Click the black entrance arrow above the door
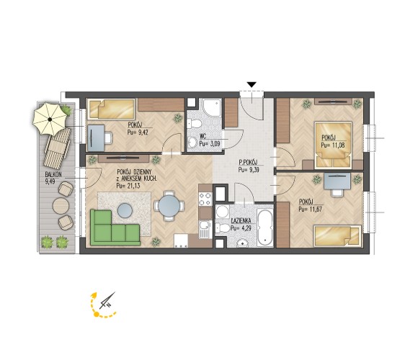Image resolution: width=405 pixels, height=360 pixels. pyautogui.click(x=252, y=85)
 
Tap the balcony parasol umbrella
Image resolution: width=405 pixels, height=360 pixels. pyautogui.click(x=50, y=119)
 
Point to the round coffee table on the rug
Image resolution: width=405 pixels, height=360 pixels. pyautogui.click(x=125, y=210)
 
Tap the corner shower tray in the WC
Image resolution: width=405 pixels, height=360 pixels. pyautogui.click(x=212, y=108)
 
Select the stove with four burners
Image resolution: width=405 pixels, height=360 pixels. pyautogui.click(x=205, y=199)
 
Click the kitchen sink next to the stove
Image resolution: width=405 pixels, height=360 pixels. pyautogui.click(x=205, y=230)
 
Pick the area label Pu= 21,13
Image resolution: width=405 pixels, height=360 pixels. pyautogui.click(x=128, y=186)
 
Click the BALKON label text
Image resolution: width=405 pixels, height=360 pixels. pyautogui.click(x=53, y=175)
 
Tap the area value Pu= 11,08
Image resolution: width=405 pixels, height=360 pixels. pyautogui.click(x=333, y=145)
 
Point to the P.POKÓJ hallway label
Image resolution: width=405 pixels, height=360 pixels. pyautogui.click(x=248, y=162)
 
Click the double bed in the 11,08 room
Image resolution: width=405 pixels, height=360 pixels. pyautogui.click(x=333, y=145)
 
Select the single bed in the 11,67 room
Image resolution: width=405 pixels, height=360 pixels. pyautogui.click(x=337, y=235)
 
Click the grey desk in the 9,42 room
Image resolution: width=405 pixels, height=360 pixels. pyautogui.click(x=96, y=138)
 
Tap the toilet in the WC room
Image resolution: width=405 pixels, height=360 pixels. pyautogui.click(x=194, y=124)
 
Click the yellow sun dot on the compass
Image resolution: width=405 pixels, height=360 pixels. pyautogui.click(x=97, y=315)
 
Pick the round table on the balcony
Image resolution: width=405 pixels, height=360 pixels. pyautogui.click(x=61, y=206)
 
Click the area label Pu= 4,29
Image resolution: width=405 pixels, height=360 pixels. pyautogui.click(x=241, y=228)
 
